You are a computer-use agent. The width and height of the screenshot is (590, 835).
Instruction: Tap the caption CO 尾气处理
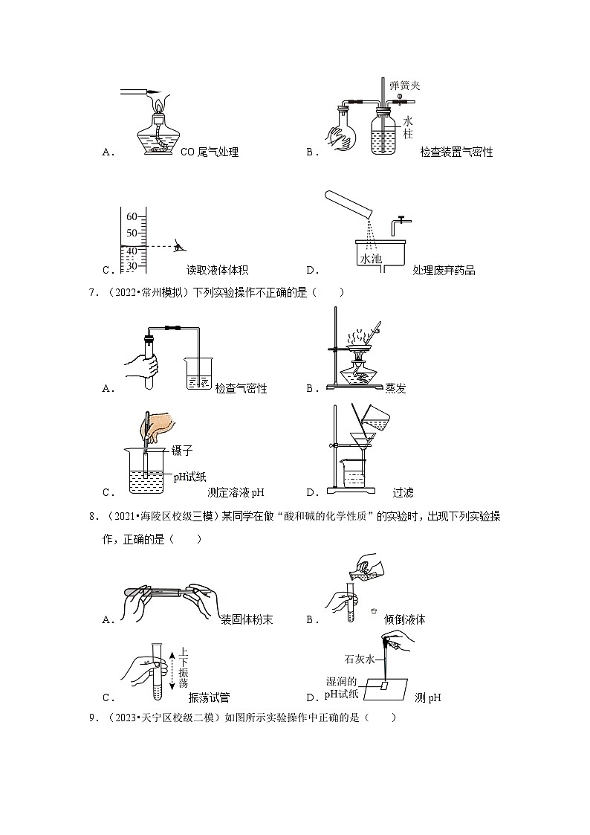tap(210, 152)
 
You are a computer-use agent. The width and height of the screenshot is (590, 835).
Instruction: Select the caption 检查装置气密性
tap(456, 152)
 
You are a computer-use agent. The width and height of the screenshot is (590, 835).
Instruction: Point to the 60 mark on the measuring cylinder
tap(132, 217)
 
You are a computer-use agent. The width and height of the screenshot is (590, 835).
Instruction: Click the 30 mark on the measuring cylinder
tap(132, 265)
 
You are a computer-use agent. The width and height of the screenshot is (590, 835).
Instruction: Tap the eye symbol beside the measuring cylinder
tap(179, 245)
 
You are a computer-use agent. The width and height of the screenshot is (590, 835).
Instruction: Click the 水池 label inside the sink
tap(369, 258)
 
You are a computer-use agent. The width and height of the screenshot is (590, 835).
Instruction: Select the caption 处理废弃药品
tap(444, 270)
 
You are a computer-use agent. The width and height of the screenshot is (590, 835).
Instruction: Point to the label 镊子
tap(182, 451)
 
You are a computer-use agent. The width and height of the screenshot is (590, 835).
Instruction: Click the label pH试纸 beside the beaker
tap(189, 477)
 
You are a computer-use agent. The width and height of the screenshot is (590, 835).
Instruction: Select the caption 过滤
tap(403, 491)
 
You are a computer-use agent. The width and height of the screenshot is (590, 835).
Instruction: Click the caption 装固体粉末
tap(247, 619)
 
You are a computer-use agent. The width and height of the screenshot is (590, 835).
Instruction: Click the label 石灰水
tap(357, 659)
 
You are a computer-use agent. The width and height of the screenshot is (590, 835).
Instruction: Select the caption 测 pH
tap(428, 697)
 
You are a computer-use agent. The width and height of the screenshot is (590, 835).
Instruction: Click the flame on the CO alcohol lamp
tap(157, 106)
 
